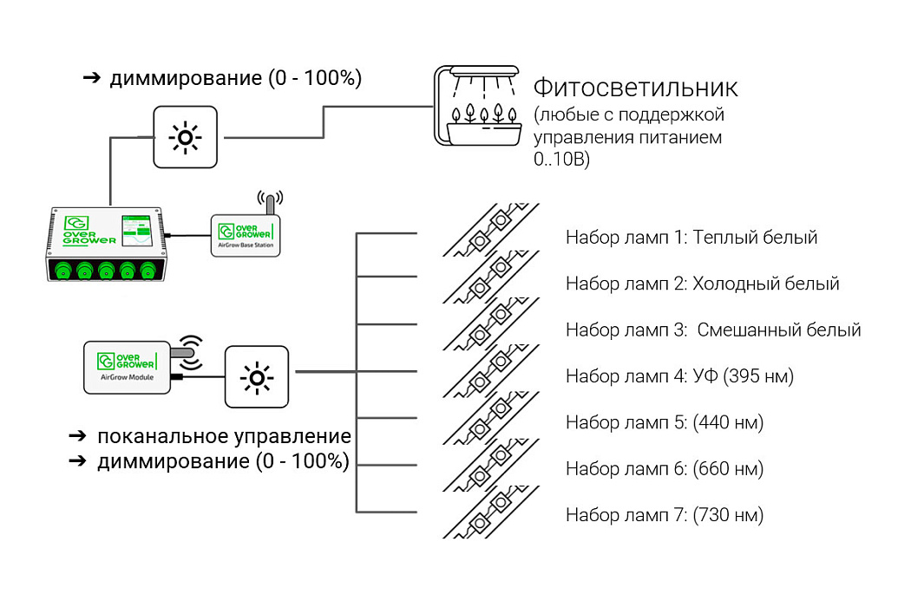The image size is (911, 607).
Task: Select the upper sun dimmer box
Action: coord(186,137)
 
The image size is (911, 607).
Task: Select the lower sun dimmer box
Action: coord(257,376)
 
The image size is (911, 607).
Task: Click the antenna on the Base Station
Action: coord(270,202)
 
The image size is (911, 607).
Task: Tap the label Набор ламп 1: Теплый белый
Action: coord(691,238)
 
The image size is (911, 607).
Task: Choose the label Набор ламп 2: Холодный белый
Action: coord(702,284)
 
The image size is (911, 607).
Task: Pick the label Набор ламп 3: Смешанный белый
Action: coord(713,330)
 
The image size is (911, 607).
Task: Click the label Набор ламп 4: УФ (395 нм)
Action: coord(679,376)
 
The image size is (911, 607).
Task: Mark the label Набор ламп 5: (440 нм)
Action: coord(665,422)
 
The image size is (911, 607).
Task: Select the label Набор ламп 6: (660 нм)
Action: coord(665,469)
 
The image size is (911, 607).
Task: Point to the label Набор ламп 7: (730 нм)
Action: coord(665,515)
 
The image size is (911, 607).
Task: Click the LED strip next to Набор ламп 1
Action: coord(490,231)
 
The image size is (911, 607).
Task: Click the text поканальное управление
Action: coord(224,436)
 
